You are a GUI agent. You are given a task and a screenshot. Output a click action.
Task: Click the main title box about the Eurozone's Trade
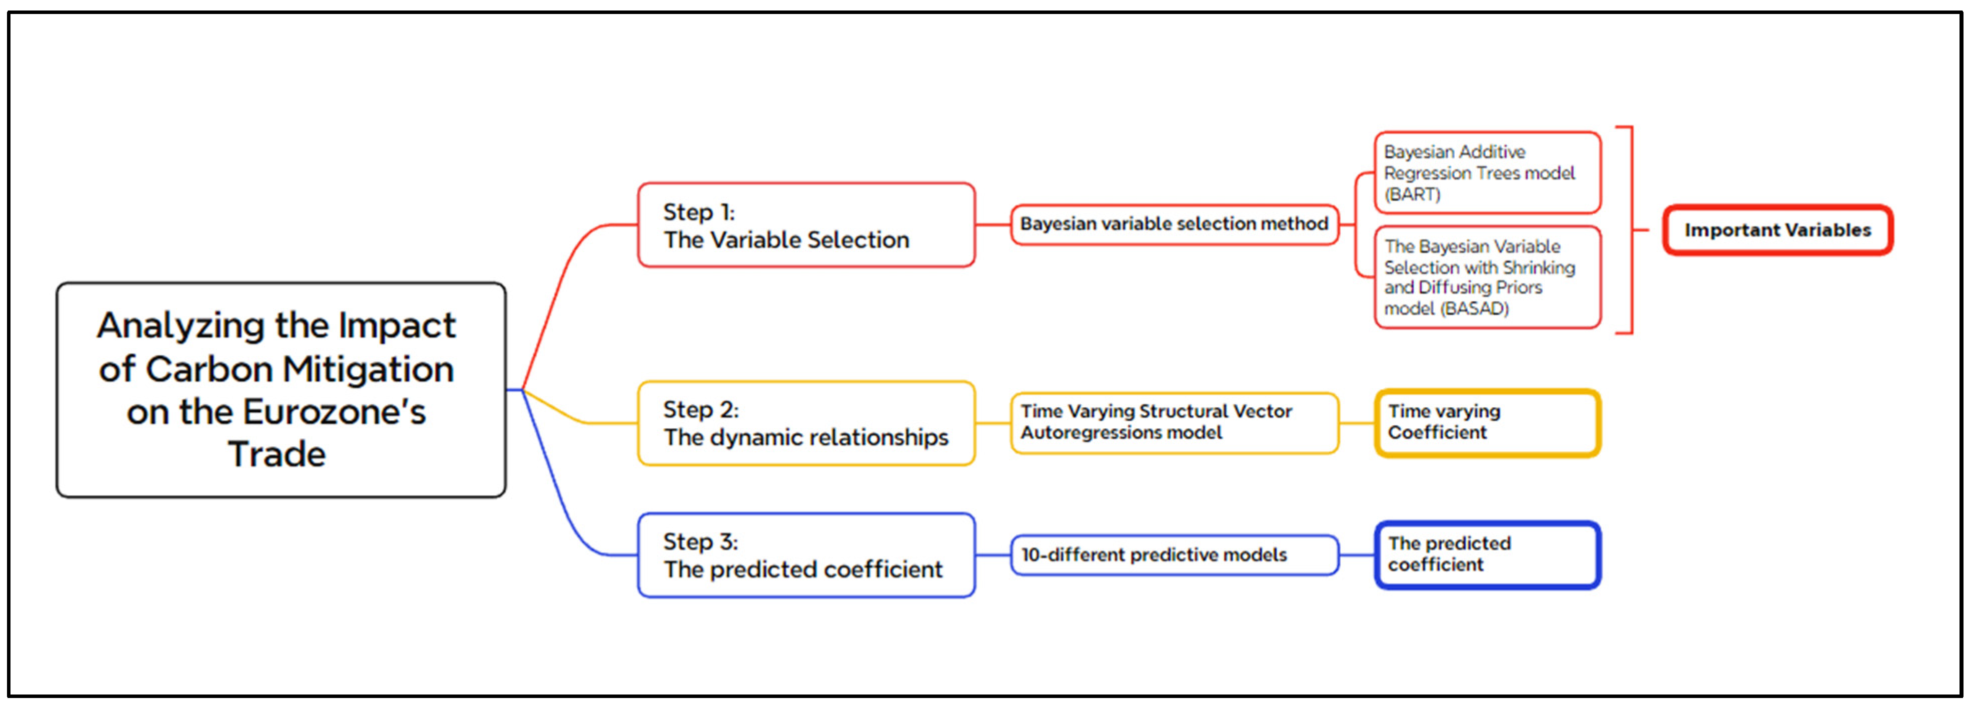[x=280, y=389]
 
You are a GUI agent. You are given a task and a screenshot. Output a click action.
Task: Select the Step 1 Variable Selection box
[x=806, y=225]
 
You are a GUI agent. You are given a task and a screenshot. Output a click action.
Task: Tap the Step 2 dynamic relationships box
[x=806, y=423]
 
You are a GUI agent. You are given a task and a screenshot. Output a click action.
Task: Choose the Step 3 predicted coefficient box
[x=806, y=555]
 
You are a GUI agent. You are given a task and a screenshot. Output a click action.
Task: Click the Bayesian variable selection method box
[x=1173, y=224]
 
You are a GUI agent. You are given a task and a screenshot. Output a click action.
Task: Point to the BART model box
[x=1487, y=173]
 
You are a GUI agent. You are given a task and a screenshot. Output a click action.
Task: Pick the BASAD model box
[x=1487, y=277]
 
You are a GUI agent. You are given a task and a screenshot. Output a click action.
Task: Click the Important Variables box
[x=1777, y=230]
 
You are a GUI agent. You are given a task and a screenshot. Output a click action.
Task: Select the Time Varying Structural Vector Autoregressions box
[x=1173, y=423]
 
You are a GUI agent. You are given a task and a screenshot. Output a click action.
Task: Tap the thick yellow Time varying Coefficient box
[x=1487, y=423]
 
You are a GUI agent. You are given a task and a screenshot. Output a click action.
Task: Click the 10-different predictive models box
[x=1173, y=555]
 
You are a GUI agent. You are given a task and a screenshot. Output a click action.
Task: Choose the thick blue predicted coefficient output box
[x=1487, y=555]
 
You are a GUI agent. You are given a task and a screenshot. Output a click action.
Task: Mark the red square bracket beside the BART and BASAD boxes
[x=1631, y=230]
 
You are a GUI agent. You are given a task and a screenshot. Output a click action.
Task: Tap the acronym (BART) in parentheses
[x=1412, y=194]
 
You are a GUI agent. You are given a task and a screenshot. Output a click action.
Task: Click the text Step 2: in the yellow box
[x=700, y=410]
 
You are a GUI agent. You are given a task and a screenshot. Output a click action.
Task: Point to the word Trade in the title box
[x=276, y=454]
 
